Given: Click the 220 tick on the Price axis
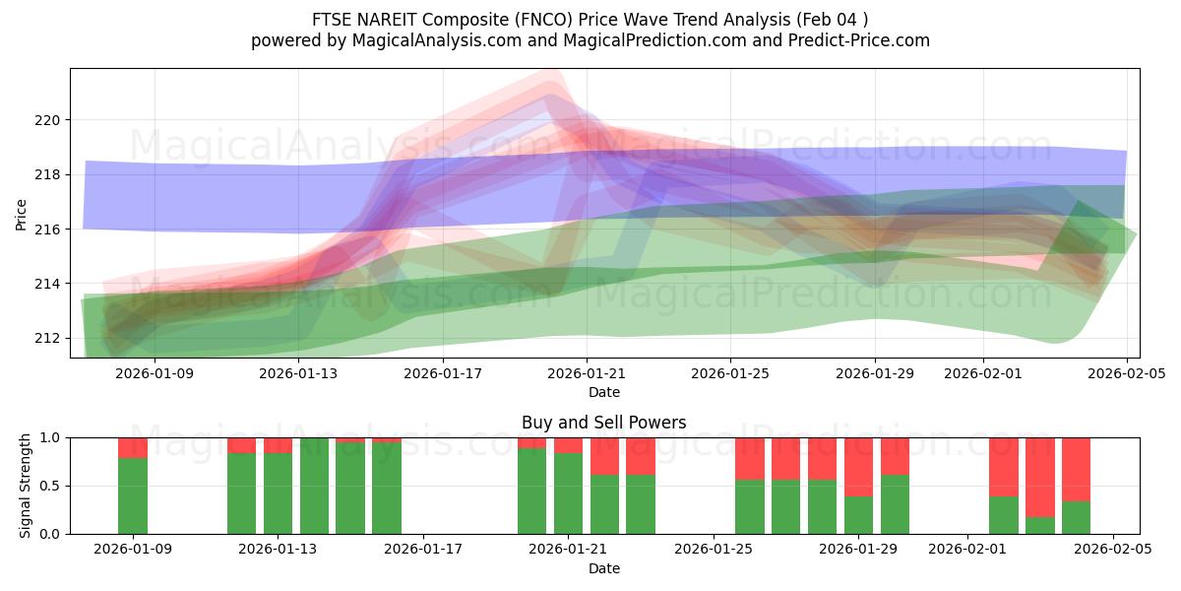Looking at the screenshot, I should tap(47, 120).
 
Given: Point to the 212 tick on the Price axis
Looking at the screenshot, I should tap(47, 338).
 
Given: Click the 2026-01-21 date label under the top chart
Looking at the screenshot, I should tap(587, 373).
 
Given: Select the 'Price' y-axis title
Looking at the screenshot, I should tap(21, 213).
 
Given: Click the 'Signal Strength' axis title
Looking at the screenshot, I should tap(26, 486).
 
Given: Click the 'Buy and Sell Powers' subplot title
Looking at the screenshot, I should tap(603, 423).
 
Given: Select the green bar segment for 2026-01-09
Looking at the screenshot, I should tap(133, 495).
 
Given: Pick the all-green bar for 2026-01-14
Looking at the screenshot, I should tap(314, 486).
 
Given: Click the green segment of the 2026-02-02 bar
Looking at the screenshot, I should tap(1003, 515).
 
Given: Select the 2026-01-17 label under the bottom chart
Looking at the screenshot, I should tap(423, 549).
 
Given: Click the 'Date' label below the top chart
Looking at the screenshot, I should tap(603, 392).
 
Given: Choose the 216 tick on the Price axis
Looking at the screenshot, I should tap(47, 229).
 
